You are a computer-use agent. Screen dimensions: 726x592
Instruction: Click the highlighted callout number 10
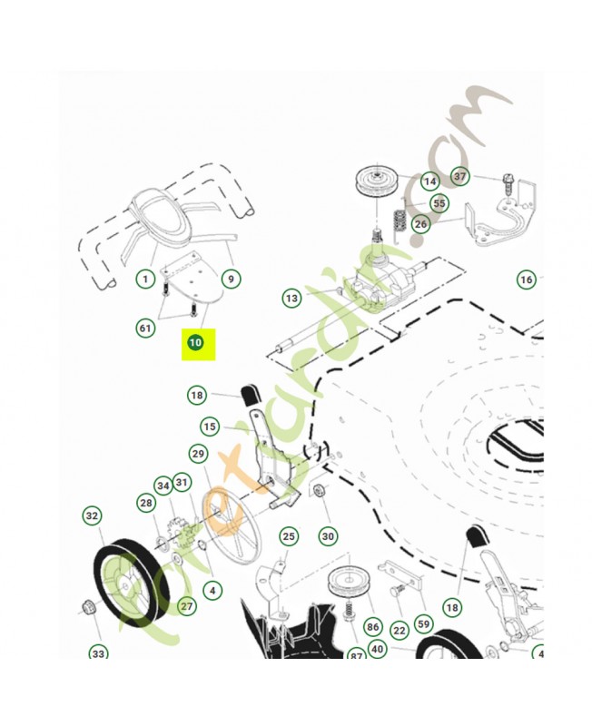tap(194, 343)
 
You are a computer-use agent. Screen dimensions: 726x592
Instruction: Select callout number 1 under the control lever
tap(144, 279)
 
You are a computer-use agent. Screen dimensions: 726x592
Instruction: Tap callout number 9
tap(231, 279)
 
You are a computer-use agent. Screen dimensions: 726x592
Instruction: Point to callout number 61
tap(145, 328)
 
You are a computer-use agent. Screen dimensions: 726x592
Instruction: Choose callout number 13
tap(291, 298)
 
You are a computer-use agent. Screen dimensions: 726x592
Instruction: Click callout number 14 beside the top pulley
tap(429, 181)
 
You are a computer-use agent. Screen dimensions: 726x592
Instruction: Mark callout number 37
tap(460, 176)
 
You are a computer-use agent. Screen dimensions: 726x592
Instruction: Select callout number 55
tap(439, 203)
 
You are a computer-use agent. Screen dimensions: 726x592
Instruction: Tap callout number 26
tap(420, 223)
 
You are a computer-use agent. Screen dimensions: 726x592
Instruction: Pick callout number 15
tap(210, 427)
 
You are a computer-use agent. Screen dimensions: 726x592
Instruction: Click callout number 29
tap(198, 453)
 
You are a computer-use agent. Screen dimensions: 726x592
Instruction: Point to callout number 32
tap(92, 516)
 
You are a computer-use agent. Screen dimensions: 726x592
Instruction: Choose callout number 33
tap(98, 652)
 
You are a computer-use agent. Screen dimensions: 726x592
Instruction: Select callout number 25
tap(288, 536)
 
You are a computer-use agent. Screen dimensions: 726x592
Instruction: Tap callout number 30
tap(328, 536)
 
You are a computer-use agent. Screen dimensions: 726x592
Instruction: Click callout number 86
tap(372, 626)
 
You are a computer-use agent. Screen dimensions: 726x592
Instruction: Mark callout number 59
tap(423, 624)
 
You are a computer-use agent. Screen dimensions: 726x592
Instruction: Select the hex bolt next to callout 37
tap(506, 181)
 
